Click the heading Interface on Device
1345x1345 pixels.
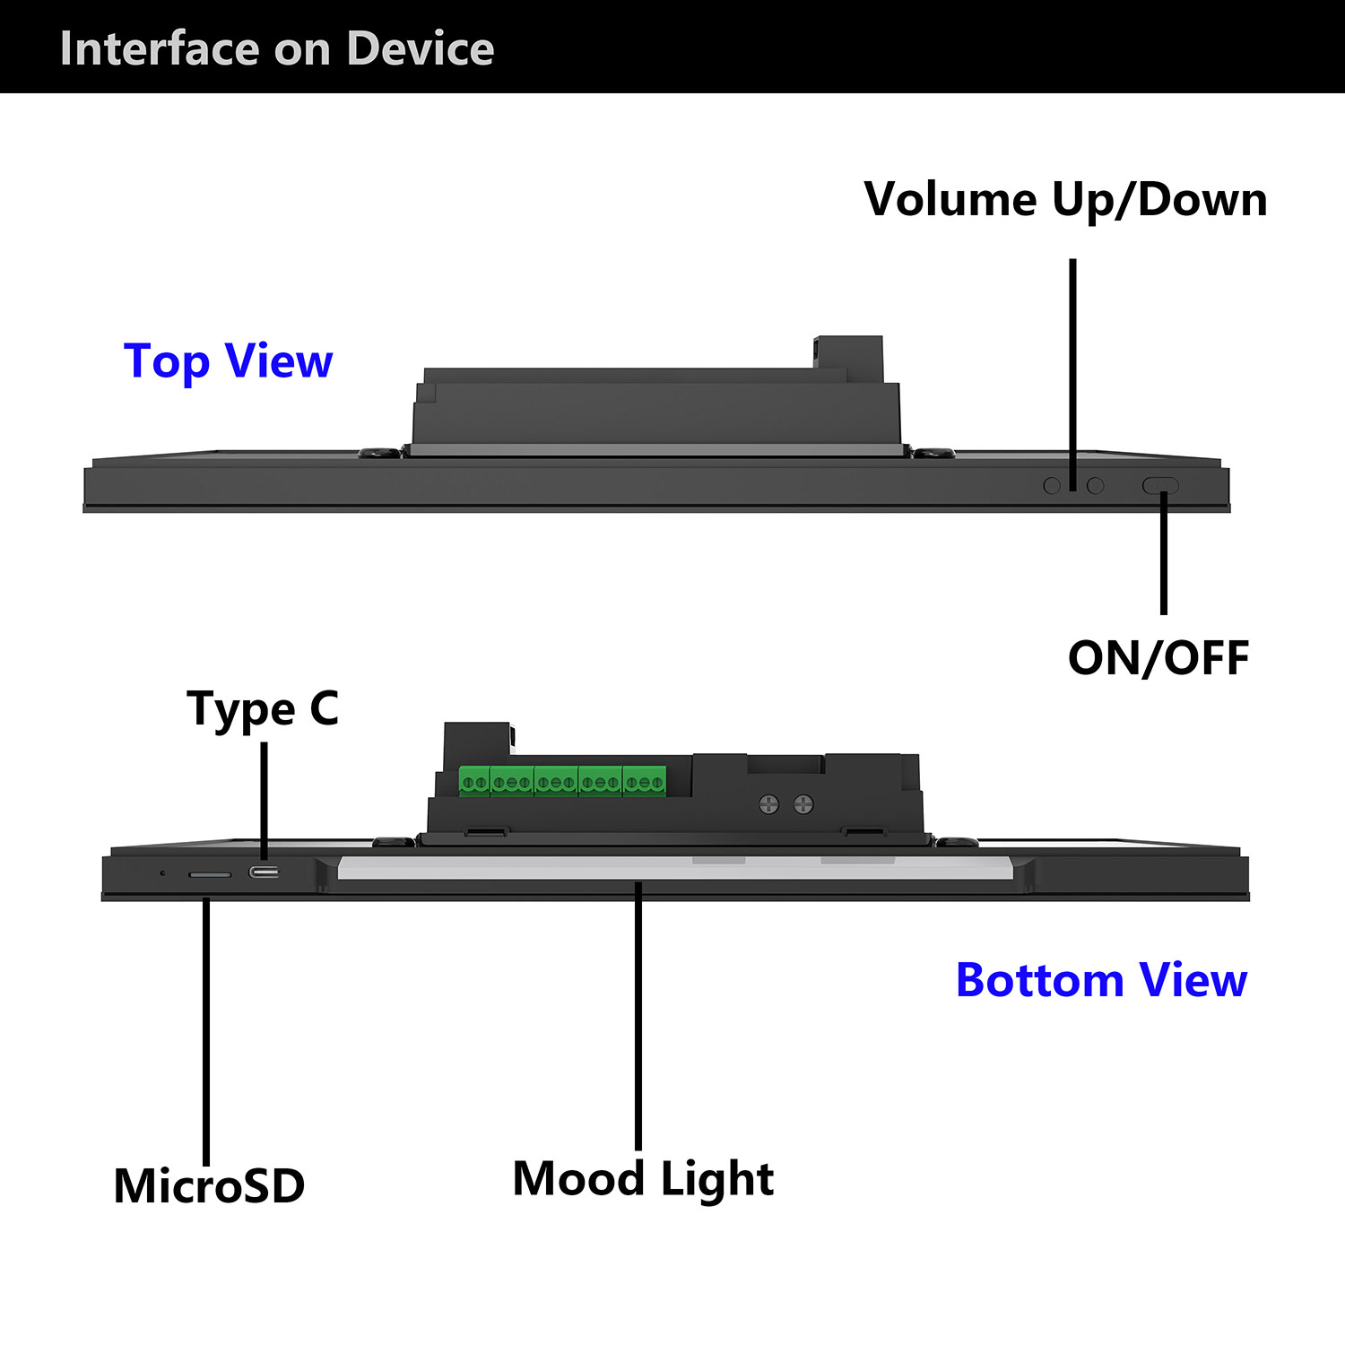point(276,48)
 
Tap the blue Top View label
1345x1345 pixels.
point(229,361)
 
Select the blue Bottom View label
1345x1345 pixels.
point(1101,980)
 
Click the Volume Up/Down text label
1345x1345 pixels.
point(1065,200)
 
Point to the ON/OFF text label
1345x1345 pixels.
point(1158,658)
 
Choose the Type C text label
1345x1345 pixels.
point(263,709)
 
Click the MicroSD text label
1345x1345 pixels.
point(209,1185)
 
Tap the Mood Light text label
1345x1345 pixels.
point(643,1179)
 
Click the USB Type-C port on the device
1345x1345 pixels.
point(264,872)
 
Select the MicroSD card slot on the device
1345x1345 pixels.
point(210,874)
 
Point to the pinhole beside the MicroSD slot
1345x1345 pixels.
point(162,872)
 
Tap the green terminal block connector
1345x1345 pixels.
point(562,782)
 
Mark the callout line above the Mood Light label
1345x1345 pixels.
point(638,1016)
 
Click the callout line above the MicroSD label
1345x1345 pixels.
point(206,1031)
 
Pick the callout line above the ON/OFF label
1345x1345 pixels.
point(1164,552)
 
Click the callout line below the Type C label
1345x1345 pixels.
point(265,802)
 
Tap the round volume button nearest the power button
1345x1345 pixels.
point(1095,485)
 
